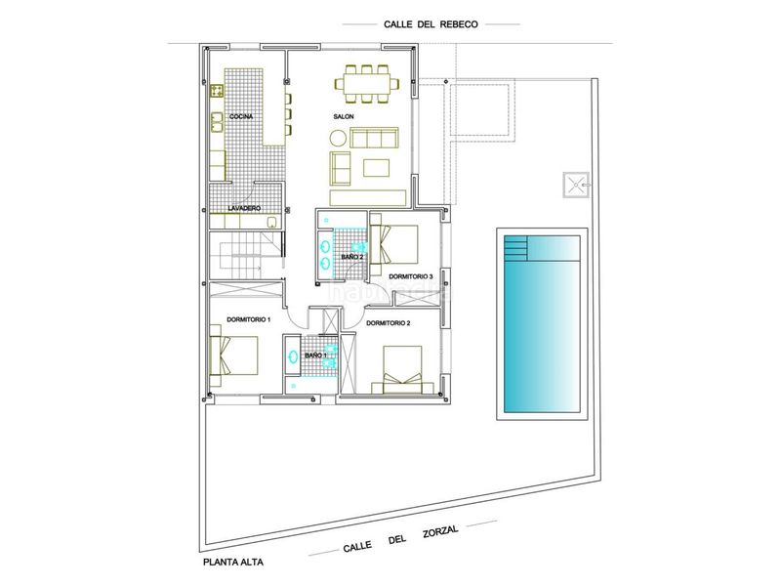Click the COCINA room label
pyautogui.click(x=241, y=116)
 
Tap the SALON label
pyautogui.click(x=344, y=116)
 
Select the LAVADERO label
pyautogui.click(x=244, y=208)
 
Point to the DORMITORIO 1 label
pyautogui.click(x=249, y=319)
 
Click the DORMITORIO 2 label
pyautogui.click(x=388, y=323)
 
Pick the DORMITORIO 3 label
pyautogui.click(x=411, y=276)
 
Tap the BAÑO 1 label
pyautogui.click(x=315, y=356)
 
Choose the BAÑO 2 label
pyautogui.click(x=352, y=257)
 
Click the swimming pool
pyautogui.click(x=543, y=324)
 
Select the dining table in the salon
pyautogui.click(x=366, y=84)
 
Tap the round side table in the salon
pyautogui.click(x=338, y=138)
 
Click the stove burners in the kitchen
pyautogui.click(x=217, y=91)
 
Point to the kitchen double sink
pyautogui.click(x=217, y=123)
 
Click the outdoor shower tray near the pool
pyautogui.click(x=576, y=185)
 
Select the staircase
pyautogui.click(x=245, y=255)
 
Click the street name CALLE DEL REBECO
pyautogui.click(x=431, y=23)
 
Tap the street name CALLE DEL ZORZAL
pyautogui.click(x=400, y=539)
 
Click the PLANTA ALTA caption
pyautogui.click(x=233, y=563)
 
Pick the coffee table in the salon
pyautogui.click(x=377, y=167)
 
